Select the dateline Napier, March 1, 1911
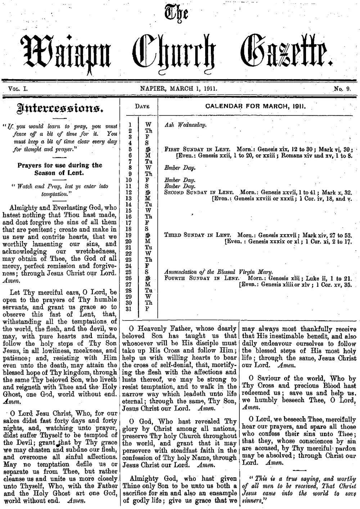click(x=179, y=87)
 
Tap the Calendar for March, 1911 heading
click(x=255, y=106)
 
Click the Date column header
click(x=142, y=107)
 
